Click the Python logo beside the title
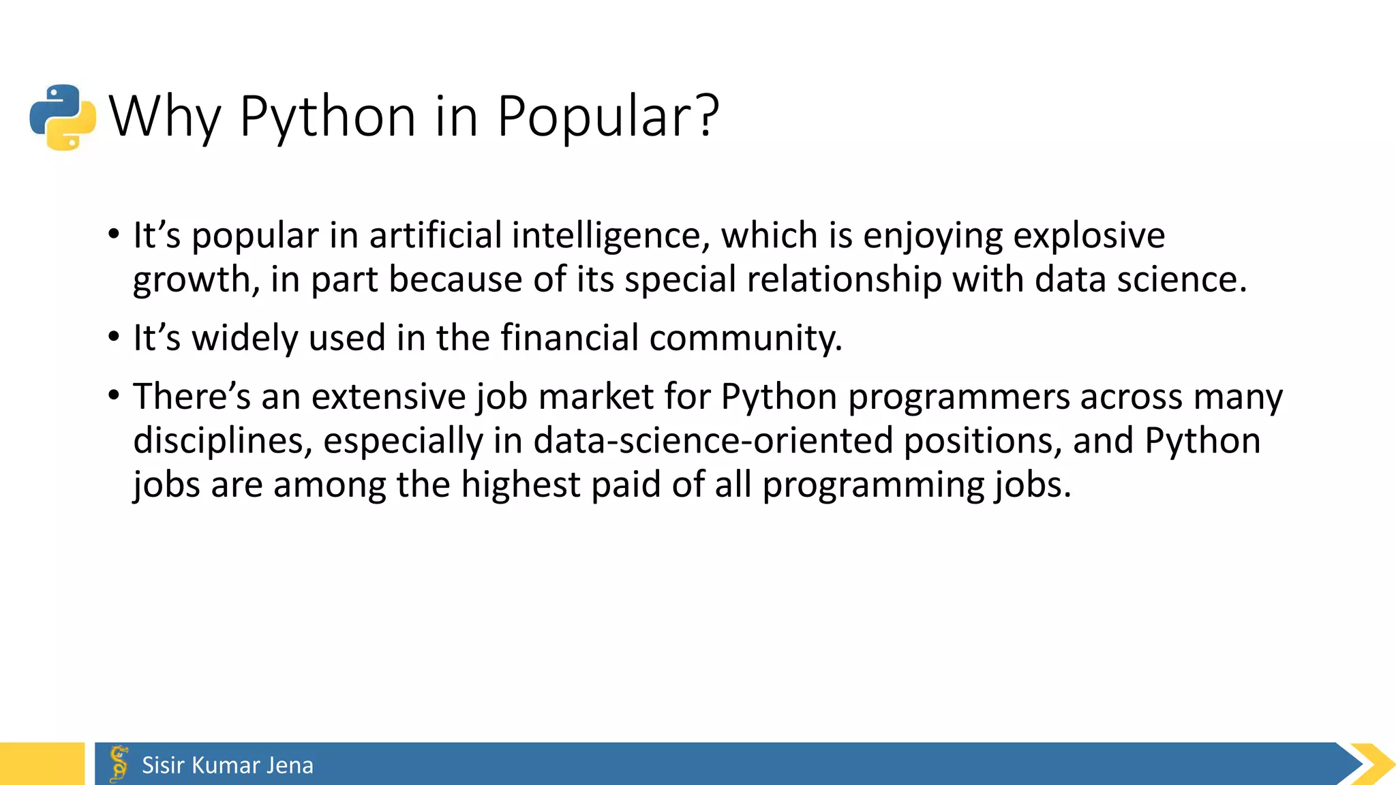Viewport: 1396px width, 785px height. tap(63, 117)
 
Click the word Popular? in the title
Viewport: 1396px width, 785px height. tap(608, 116)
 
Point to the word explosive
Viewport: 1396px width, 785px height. tap(1089, 236)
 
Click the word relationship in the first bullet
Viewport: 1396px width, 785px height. tap(844, 279)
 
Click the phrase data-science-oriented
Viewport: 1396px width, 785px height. tap(713, 440)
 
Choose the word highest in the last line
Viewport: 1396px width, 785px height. tap(520, 484)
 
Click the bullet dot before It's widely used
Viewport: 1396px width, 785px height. tap(114, 337)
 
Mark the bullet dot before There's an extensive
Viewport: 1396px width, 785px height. tap(114, 395)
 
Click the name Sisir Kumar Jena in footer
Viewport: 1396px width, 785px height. tap(228, 765)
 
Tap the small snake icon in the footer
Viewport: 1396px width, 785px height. tap(119, 763)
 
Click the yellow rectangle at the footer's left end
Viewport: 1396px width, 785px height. tap(42, 764)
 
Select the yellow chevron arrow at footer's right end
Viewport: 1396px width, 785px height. tap(1374, 764)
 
